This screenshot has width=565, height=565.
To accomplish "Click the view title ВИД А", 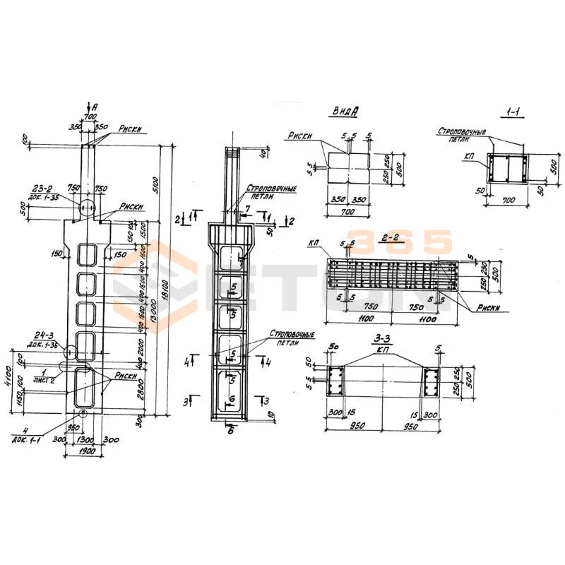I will click(x=345, y=111).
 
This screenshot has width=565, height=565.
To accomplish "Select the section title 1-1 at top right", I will click(x=513, y=112).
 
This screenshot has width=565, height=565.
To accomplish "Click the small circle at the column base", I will click(x=83, y=414).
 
